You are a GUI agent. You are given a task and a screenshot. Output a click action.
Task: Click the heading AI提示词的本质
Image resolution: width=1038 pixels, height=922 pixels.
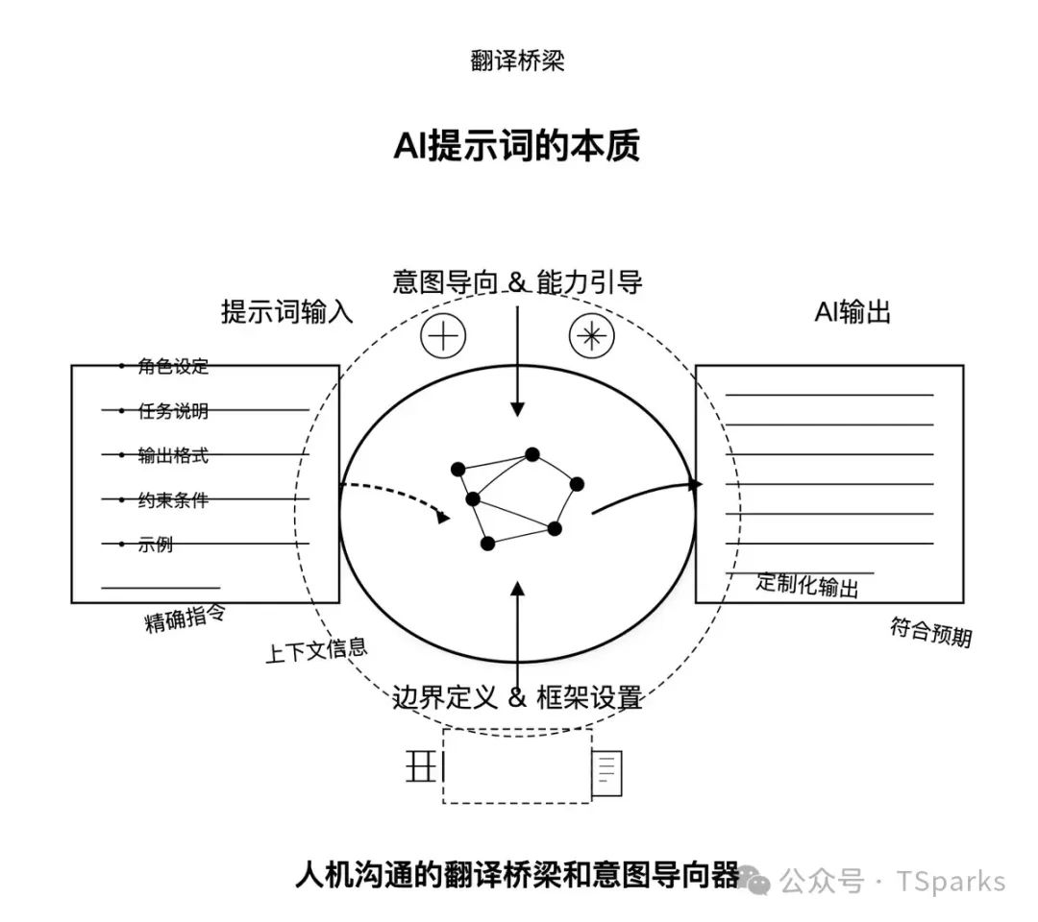(x=517, y=147)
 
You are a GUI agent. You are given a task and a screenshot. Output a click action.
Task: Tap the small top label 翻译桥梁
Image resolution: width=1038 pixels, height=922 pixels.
(x=517, y=61)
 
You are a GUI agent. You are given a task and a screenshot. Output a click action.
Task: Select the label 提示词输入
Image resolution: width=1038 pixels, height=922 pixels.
(x=287, y=312)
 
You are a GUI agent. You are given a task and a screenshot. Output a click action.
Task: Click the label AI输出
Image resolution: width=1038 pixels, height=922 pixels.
(x=853, y=312)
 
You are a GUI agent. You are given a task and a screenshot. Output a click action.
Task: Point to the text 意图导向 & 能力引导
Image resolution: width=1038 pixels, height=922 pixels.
(x=517, y=282)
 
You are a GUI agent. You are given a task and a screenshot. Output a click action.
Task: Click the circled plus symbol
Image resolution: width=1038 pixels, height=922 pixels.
(x=443, y=335)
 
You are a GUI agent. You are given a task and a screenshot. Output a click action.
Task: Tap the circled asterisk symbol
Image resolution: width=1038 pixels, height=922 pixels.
(x=591, y=335)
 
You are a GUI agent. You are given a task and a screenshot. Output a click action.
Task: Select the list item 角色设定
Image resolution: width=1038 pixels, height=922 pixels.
(x=173, y=366)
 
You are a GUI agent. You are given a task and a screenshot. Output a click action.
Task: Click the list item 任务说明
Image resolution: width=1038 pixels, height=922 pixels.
(x=173, y=411)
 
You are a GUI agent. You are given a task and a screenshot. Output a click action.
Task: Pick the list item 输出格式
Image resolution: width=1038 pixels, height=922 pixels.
(x=173, y=455)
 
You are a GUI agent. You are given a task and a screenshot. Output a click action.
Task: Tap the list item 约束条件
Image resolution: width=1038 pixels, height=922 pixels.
(x=173, y=499)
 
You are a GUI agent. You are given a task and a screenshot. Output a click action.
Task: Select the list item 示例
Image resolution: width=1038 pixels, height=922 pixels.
(x=156, y=545)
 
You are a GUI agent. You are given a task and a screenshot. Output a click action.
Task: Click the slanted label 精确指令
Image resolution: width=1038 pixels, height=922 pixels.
(x=185, y=619)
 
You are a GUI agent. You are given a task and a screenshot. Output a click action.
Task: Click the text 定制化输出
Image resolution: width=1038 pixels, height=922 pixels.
(x=807, y=584)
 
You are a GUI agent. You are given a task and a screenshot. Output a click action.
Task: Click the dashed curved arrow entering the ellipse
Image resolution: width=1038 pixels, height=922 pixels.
(x=394, y=495)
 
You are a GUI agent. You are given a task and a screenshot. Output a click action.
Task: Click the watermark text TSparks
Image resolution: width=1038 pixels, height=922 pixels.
(x=951, y=881)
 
